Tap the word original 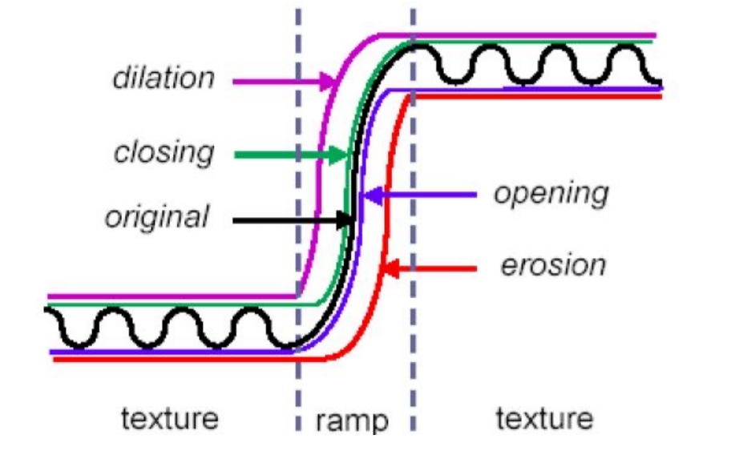click(157, 217)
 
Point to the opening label click(551, 193)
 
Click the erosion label click(553, 265)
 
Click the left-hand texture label click(170, 417)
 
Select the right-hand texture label click(545, 417)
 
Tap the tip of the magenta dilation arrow click(334, 81)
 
